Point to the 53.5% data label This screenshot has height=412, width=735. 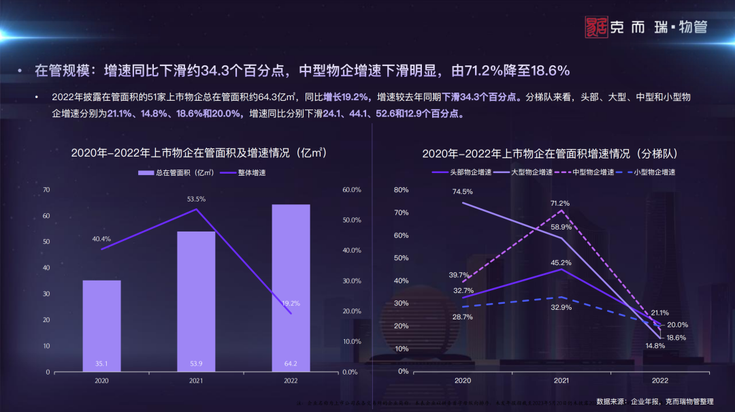pos(196,199)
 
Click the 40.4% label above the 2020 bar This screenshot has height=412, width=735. pos(101,239)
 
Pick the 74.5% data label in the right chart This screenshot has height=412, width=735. pos(462,192)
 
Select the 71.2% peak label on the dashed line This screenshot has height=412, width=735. pos(561,204)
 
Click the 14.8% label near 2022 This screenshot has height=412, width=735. pos(655,346)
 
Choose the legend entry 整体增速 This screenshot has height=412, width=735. pos(243,173)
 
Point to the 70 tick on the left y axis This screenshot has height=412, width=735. pos(46,189)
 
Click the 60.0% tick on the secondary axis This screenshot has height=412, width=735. pos(350,189)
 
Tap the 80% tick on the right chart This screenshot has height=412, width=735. pos(401,189)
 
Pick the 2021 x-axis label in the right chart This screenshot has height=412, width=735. pos(561,381)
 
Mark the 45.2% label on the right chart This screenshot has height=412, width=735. pos(561,262)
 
